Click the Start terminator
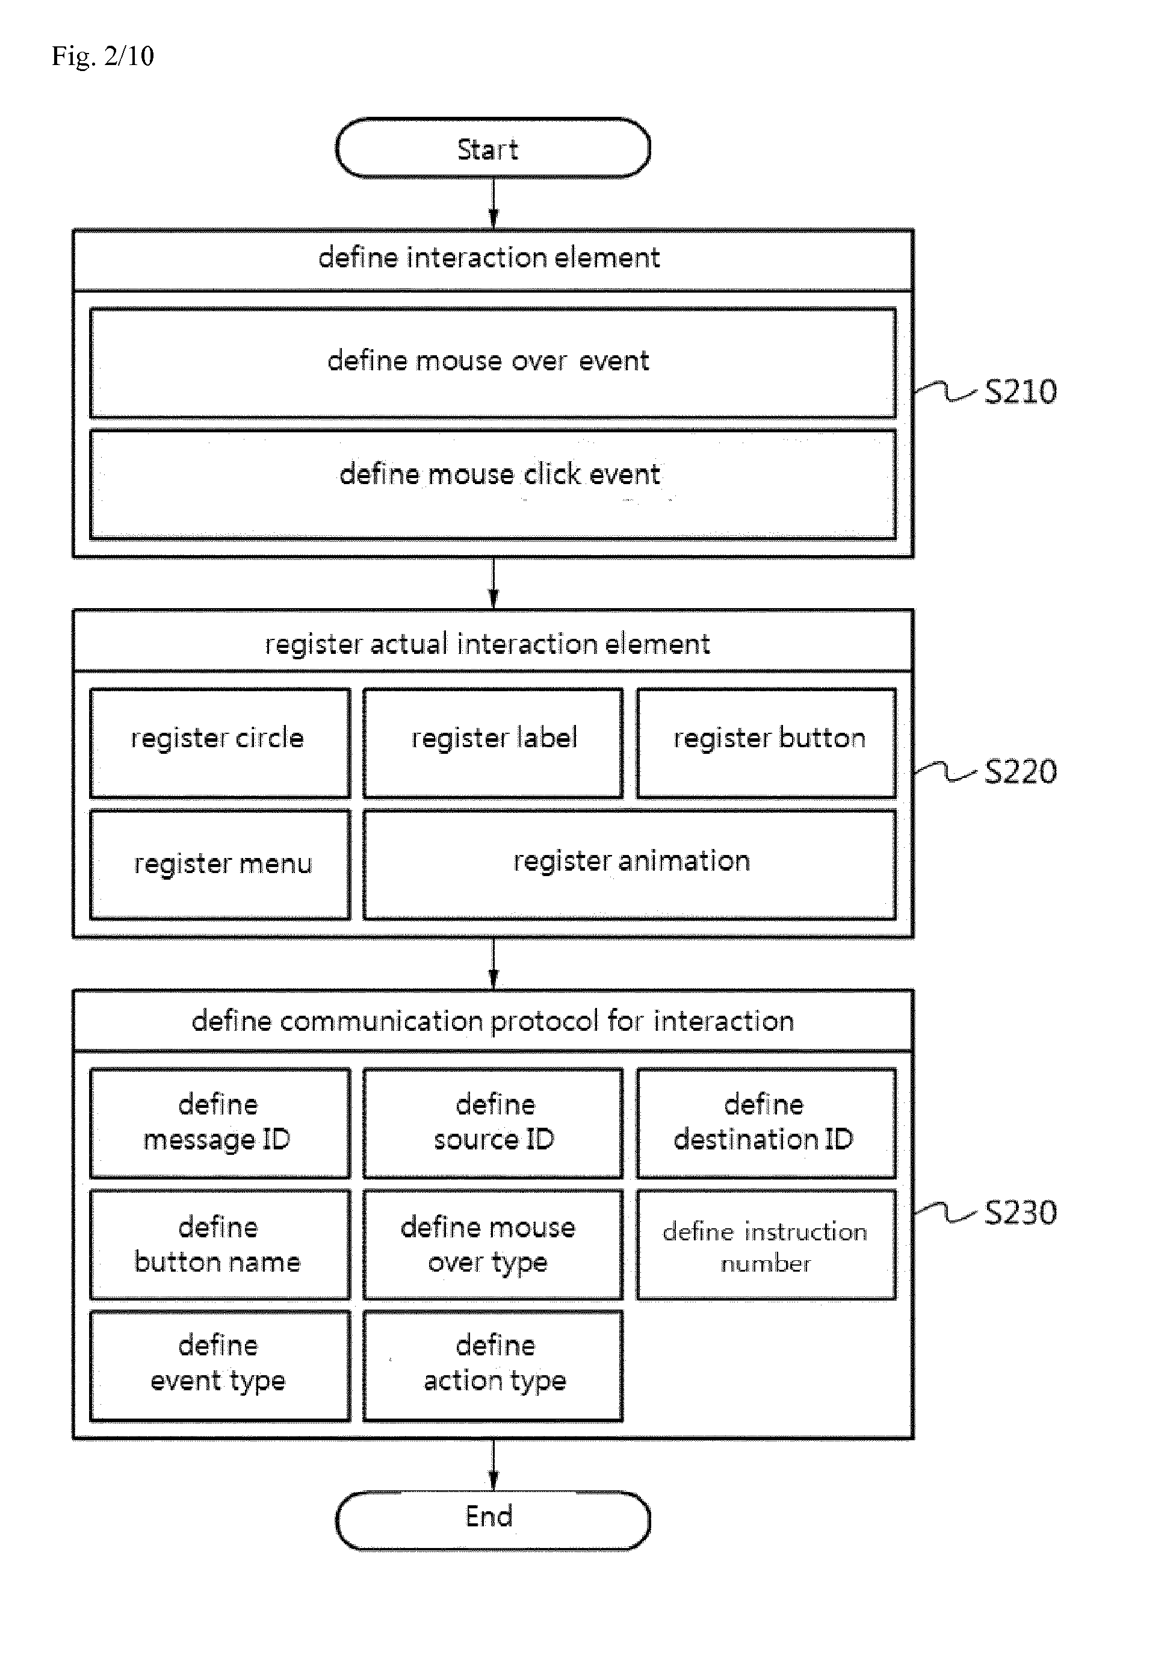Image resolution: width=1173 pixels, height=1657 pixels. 492,148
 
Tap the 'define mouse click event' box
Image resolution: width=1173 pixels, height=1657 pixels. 492,484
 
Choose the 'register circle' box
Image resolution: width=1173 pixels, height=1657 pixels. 220,743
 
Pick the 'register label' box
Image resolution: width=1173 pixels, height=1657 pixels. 492,743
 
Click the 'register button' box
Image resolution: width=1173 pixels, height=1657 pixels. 766,743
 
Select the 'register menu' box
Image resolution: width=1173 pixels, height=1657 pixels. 220,864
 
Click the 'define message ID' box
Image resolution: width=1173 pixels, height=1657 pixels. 220,1123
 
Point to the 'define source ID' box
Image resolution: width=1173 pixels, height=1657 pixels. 492,1123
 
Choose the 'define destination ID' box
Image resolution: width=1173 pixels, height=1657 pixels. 766,1123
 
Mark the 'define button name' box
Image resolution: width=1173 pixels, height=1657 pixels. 220,1245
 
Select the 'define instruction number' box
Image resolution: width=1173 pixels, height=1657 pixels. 766,1245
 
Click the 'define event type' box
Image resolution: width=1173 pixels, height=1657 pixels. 220,1366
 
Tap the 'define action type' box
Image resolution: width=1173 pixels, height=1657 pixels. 492,1366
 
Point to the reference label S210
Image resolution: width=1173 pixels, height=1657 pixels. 1021,391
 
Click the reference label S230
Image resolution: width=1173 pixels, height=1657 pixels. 1021,1213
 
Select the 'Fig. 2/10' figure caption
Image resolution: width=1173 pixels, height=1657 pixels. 102,55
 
